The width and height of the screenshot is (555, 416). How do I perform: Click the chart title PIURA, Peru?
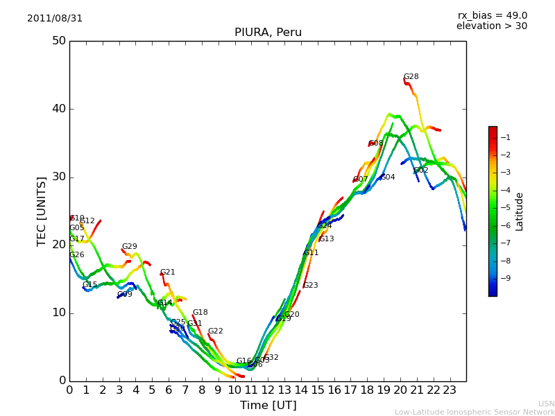[268, 33]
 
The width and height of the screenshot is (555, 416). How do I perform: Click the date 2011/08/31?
[55, 19]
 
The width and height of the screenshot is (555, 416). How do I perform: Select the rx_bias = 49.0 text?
[492, 16]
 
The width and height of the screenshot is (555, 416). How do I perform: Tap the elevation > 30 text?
[491, 26]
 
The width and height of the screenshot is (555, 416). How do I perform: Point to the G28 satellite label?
[411, 77]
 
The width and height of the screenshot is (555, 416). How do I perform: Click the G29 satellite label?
[130, 247]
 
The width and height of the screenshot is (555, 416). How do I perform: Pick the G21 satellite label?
[168, 272]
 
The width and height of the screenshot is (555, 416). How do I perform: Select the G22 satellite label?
[216, 331]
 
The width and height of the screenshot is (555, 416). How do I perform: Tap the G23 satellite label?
[311, 286]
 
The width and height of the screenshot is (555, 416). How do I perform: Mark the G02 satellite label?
[421, 171]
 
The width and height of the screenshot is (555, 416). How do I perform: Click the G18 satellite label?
[200, 313]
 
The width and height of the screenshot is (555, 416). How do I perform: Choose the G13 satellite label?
[327, 239]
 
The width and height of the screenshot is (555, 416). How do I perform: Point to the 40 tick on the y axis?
[58, 109]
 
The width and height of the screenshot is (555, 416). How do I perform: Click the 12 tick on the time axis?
[268, 390]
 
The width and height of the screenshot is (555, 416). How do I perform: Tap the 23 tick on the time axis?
[450, 390]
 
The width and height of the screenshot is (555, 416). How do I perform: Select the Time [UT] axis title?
[268, 406]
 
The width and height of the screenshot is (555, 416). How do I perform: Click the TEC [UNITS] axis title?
[42, 211]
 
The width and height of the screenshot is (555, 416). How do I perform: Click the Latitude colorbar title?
[520, 211]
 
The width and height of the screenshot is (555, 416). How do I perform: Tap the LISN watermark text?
[546, 404]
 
